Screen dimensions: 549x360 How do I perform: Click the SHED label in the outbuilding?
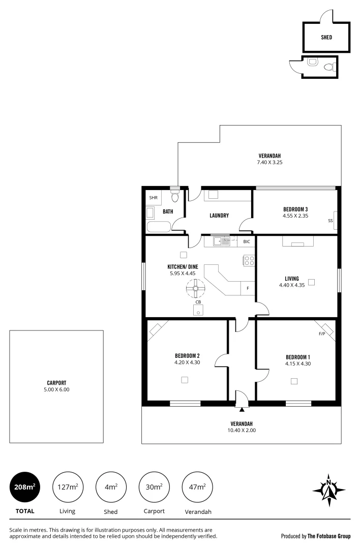[x=326, y=37]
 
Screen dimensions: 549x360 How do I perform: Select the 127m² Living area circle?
[x=68, y=487]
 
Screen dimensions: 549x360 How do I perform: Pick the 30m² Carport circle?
[x=154, y=487]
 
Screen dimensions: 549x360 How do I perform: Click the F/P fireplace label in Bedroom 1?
[x=321, y=334]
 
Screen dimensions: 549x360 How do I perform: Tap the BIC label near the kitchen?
[x=246, y=241]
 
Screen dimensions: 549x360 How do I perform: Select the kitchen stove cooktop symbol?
[x=249, y=261]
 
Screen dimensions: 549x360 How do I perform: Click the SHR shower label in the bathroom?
[x=153, y=198]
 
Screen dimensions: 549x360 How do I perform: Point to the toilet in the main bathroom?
[x=175, y=196]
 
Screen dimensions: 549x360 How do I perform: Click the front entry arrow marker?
[x=242, y=408]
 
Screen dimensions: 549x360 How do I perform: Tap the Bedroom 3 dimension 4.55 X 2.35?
[x=295, y=216]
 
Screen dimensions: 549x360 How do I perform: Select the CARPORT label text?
[x=56, y=383]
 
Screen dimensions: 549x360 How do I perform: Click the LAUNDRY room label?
[x=219, y=216]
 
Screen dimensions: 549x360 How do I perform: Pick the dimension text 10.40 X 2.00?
[x=242, y=430]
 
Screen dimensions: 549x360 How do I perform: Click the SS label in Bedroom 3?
[x=330, y=221]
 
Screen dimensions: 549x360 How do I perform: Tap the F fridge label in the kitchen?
[x=248, y=288]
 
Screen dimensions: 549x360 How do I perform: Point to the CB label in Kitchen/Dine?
[x=198, y=302]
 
